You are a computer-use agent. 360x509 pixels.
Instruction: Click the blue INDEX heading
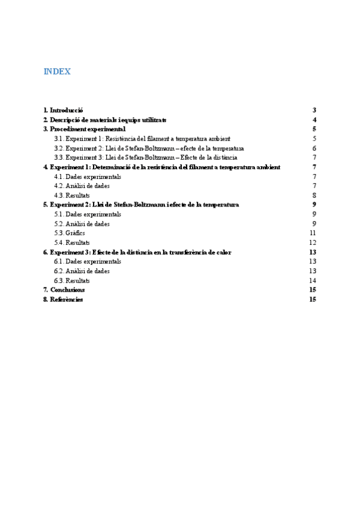click(x=57, y=72)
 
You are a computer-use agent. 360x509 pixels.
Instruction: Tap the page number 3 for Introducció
click(x=314, y=110)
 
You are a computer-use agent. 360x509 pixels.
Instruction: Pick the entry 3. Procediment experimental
click(x=84, y=129)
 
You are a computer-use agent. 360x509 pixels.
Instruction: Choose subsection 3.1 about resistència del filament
click(x=142, y=139)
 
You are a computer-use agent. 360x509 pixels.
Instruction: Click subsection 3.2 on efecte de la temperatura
click(x=148, y=148)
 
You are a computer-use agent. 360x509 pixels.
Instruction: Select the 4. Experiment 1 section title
click(x=161, y=167)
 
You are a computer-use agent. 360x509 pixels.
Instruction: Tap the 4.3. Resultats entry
click(x=71, y=195)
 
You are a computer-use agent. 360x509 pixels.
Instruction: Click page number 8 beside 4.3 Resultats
click(x=314, y=195)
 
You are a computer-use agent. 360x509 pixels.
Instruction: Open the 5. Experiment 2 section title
click(x=141, y=205)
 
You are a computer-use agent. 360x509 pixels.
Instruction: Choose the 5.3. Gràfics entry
click(x=69, y=233)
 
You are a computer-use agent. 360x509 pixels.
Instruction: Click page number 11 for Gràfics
click(x=313, y=233)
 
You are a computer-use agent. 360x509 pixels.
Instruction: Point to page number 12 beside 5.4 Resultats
click(x=313, y=242)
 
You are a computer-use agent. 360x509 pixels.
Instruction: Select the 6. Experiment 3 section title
click(x=137, y=252)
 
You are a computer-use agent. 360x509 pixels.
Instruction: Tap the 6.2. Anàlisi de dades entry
click(x=82, y=271)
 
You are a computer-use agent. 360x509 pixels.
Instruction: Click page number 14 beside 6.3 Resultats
click(x=313, y=280)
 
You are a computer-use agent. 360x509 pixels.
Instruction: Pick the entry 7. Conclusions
click(x=64, y=290)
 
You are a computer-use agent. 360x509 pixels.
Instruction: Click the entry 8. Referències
click(x=62, y=299)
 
